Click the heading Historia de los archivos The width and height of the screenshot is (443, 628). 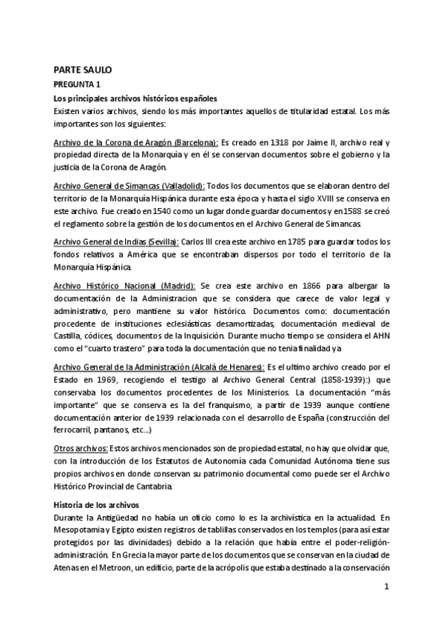pos(97,504)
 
